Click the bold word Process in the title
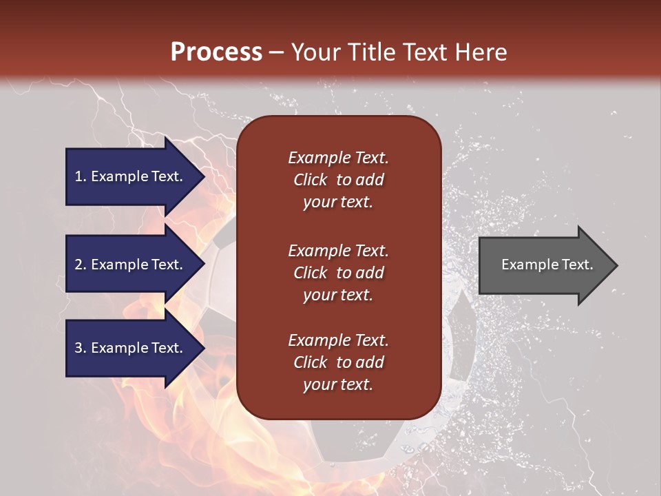216,52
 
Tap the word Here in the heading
482,52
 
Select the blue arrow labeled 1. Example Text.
131,176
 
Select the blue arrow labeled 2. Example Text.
131,265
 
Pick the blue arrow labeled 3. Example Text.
131,348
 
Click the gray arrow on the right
544,265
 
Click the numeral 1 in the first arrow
78,176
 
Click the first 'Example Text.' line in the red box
338,158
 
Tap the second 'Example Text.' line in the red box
338,251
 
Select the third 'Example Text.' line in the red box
338,340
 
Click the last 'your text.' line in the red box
338,385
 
